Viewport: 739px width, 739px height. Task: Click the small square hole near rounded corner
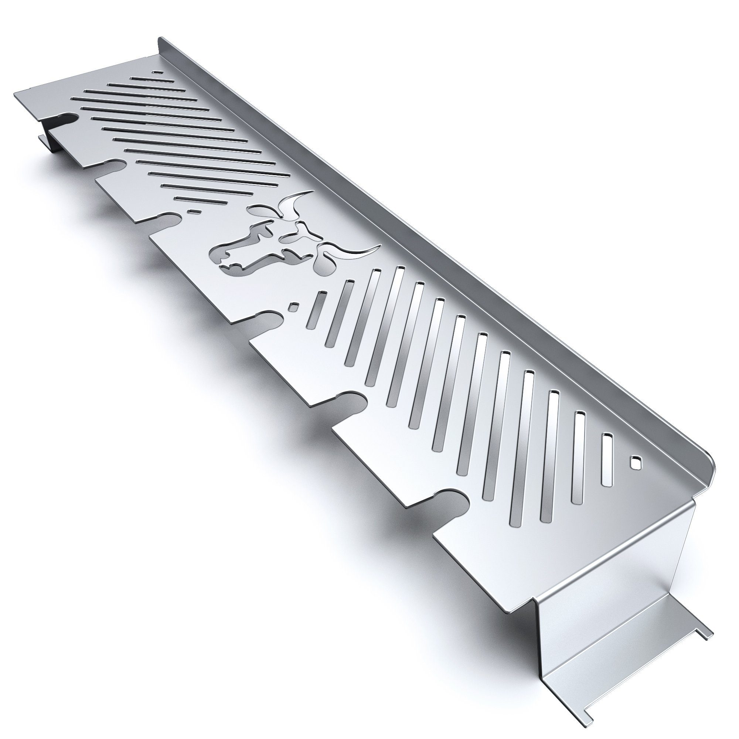click(635, 463)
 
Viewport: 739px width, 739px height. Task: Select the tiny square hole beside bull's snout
click(294, 307)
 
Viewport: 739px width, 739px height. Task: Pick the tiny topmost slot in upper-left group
click(157, 72)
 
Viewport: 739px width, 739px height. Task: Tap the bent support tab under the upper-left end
click(48, 142)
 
